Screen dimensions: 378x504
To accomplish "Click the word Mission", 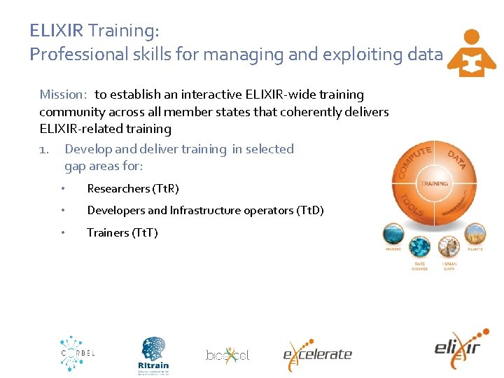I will (62, 94).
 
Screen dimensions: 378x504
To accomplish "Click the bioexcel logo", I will (227, 355).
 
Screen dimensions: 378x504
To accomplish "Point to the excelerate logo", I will (317, 353).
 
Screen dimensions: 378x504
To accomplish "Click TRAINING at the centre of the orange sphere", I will (434, 183).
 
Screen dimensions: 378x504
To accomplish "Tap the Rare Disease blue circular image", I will (420, 247).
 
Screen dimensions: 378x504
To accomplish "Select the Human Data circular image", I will (449, 247).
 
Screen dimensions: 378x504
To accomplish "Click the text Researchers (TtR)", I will (133, 189).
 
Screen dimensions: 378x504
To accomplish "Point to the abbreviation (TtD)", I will (310, 211).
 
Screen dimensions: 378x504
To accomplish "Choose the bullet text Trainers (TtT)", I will (122, 232).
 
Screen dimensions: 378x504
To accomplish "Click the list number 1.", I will (43, 149).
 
